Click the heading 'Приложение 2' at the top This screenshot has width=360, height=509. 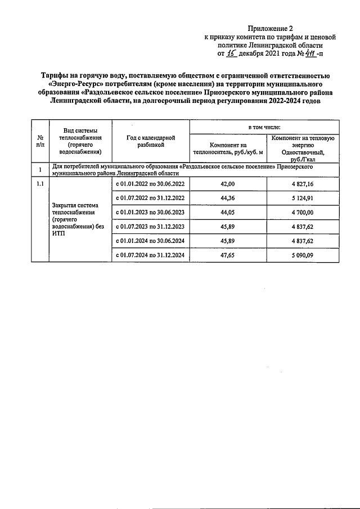271,28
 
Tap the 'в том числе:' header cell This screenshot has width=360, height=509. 264,128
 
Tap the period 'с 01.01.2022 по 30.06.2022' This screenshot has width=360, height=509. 150,184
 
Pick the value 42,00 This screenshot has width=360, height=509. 228,184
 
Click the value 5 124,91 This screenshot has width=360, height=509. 304,198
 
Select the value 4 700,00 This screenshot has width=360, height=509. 304,213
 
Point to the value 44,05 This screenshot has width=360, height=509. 228,213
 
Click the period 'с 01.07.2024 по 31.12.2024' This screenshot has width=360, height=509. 150,255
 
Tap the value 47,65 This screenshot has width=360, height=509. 228,255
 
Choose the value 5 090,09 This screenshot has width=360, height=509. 304,255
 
